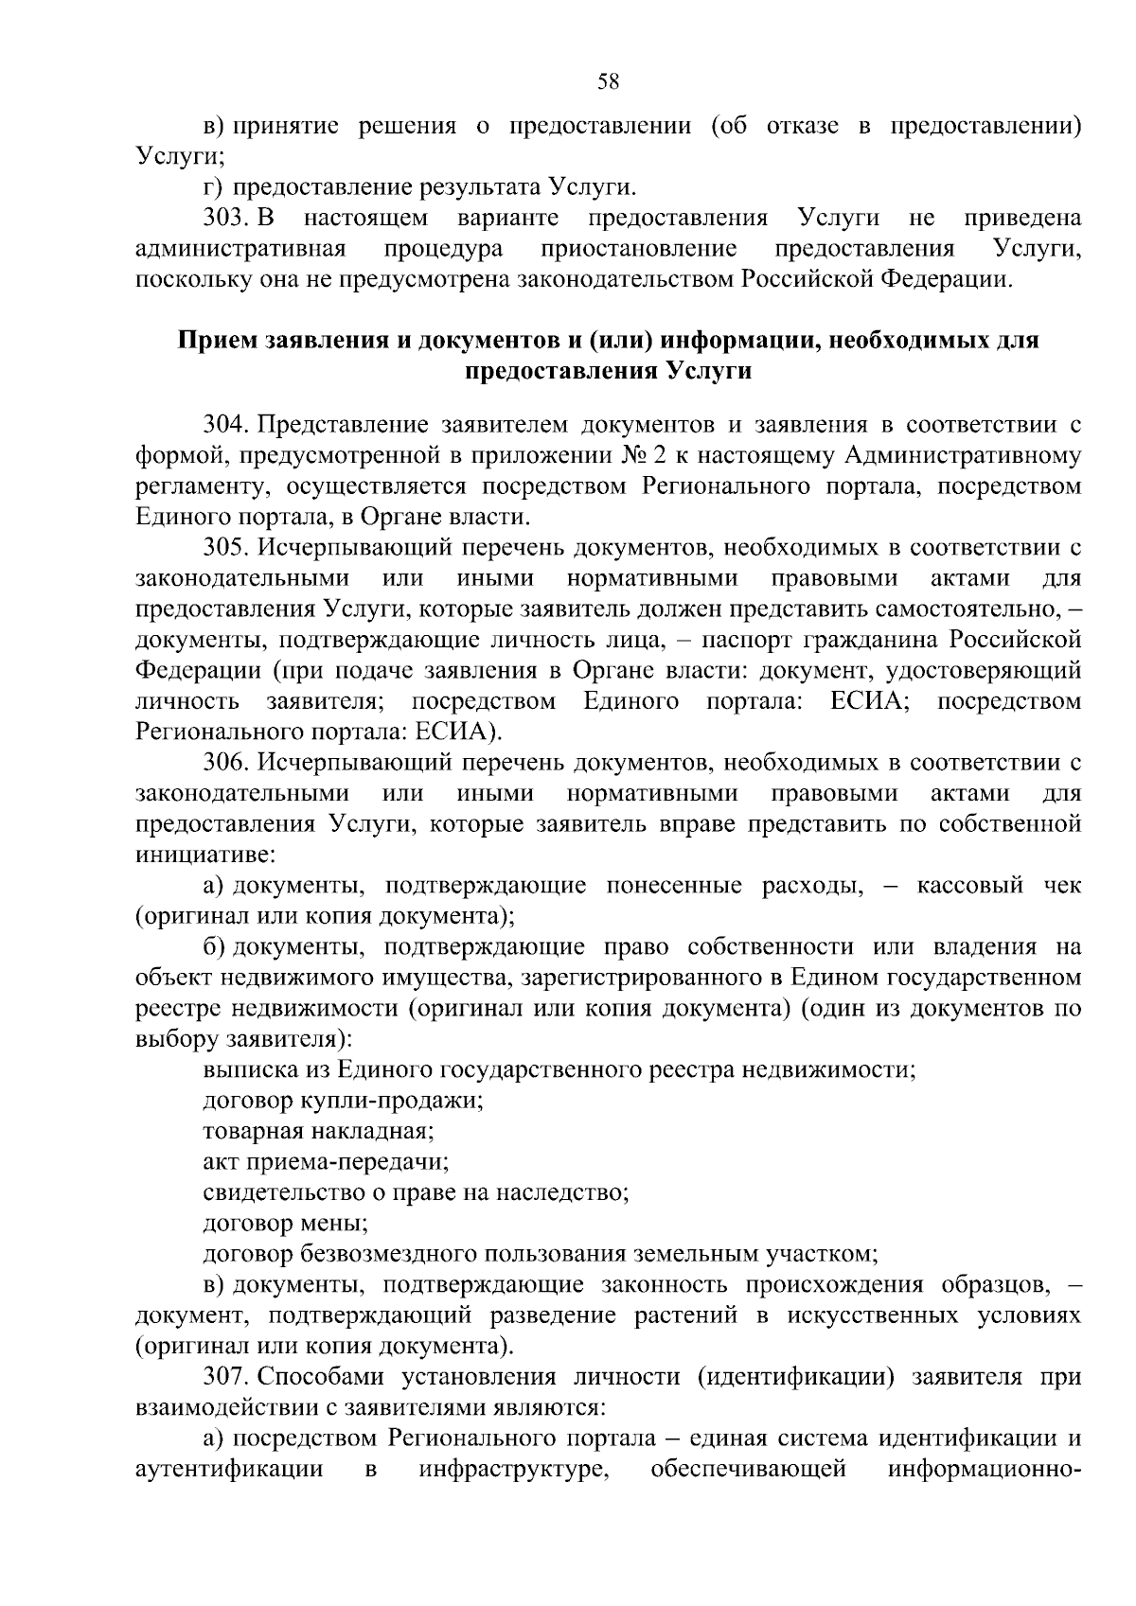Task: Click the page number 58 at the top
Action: [608, 82]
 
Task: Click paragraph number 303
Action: [224, 219]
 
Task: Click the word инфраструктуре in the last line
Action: [513, 1470]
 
